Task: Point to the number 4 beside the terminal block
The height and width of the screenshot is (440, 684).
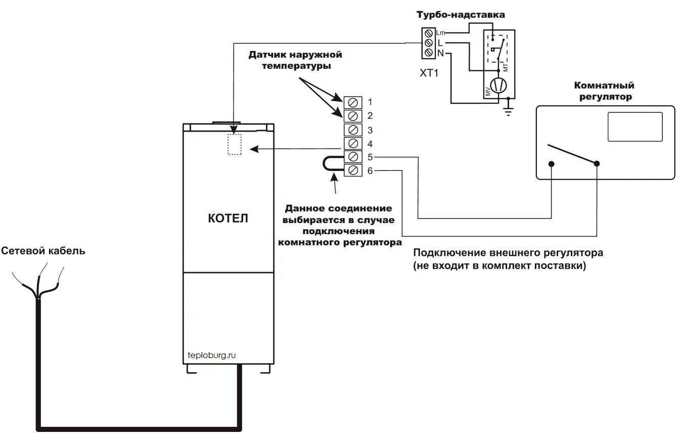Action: click(371, 143)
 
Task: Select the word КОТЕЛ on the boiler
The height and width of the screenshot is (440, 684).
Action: click(229, 219)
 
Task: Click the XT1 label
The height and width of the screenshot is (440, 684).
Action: click(429, 72)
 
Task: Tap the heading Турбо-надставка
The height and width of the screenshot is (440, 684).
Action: click(460, 15)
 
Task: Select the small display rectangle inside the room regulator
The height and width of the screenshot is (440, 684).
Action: click(635, 126)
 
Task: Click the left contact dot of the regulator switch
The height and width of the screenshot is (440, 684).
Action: click(552, 164)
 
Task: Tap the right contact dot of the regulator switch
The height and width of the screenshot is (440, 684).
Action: click(597, 164)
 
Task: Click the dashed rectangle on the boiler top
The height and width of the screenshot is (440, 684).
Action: click(235, 144)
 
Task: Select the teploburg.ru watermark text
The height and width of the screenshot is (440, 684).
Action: click(212, 355)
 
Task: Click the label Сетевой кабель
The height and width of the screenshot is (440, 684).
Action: click(43, 251)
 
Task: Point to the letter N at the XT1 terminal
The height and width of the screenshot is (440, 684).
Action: click(440, 53)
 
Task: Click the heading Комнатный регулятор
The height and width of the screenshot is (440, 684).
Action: click(604, 91)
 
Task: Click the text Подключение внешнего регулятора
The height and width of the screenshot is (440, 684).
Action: click(508, 252)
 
